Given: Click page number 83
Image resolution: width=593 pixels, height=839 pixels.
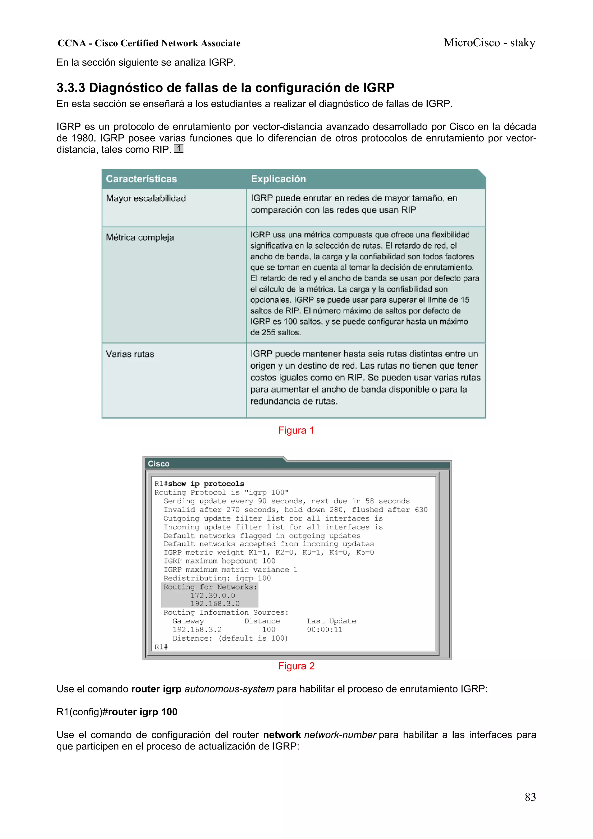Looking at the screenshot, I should click(530, 797).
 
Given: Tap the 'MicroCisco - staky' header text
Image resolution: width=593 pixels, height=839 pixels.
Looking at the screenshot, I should click(489, 43).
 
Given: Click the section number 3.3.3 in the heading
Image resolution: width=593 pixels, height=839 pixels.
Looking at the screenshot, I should click(71, 88).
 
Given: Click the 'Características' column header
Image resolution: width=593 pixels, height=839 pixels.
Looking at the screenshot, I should click(141, 179).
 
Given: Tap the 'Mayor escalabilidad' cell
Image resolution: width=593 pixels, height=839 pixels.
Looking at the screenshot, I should click(146, 198).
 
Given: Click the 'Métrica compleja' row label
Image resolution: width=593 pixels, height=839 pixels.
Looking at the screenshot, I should click(140, 237).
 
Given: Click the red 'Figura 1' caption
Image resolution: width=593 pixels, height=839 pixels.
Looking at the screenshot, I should click(296, 430).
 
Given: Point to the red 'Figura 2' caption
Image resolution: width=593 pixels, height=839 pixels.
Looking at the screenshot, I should click(296, 666).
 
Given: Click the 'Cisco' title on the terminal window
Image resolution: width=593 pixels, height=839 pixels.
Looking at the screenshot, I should click(159, 463).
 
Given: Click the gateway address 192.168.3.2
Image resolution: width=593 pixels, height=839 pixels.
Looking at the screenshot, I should click(197, 630).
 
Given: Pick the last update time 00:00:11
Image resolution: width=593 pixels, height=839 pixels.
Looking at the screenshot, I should click(325, 630).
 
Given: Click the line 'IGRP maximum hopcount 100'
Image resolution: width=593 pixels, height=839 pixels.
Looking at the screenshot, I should click(219, 561).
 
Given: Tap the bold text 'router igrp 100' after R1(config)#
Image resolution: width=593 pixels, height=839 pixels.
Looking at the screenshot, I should click(142, 712).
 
